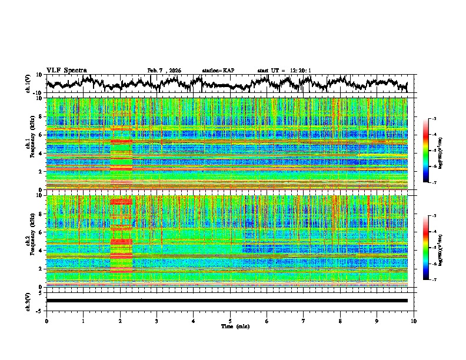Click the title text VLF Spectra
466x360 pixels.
click(x=66, y=70)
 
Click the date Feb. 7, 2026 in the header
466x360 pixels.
click(x=164, y=71)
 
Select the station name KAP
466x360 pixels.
click(x=228, y=71)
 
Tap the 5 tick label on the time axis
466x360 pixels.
click(x=230, y=321)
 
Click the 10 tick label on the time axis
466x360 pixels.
click(x=414, y=321)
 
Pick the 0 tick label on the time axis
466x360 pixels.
click(x=46, y=321)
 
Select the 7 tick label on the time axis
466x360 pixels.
click(x=304, y=321)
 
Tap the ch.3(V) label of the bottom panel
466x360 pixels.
click(x=29, y=301)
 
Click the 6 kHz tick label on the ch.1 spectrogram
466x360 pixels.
click(x=41, y=135)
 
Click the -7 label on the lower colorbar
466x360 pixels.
click(x=434, y=280)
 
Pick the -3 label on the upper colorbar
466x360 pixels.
click(x=434, y=119)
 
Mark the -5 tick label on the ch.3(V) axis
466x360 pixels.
click(x=40, y=310)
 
